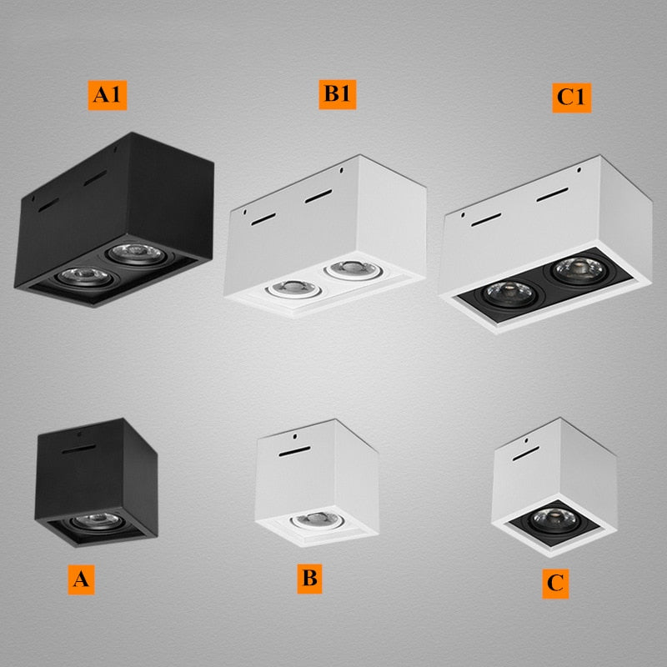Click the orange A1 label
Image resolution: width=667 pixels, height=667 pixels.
108,95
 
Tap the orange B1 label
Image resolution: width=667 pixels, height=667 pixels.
337,94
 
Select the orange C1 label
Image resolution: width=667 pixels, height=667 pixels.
573,97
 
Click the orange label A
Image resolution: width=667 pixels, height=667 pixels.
81,579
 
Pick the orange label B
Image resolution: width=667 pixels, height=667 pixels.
309,578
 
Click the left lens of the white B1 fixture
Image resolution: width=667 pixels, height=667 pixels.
285,288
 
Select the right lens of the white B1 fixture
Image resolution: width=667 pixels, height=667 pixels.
346,269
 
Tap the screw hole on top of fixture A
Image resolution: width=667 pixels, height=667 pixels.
77,434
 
